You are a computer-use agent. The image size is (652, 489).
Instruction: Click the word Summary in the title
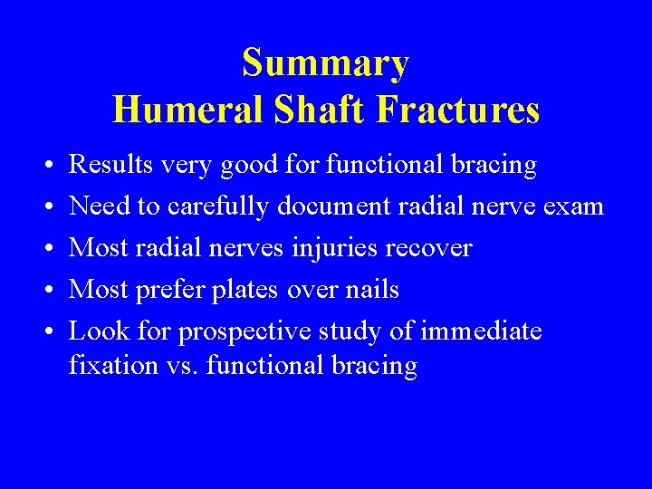click(x=326, y=64)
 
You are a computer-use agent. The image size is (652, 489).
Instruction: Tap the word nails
click(x=373, y=290)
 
